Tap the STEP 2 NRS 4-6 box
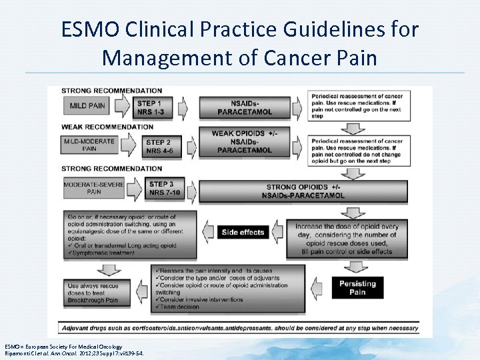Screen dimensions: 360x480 160,146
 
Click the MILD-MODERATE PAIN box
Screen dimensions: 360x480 90,144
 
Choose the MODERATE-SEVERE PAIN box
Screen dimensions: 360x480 94,188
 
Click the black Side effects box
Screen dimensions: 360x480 243,232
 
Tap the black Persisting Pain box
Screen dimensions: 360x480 357,288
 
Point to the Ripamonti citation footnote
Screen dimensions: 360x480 73,353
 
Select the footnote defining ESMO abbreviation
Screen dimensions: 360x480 63,346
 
